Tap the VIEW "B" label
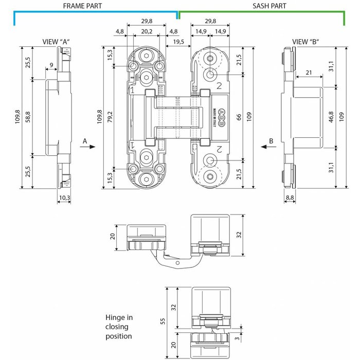(304, 42)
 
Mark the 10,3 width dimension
(63, 197)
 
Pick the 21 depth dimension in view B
(308, 73)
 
